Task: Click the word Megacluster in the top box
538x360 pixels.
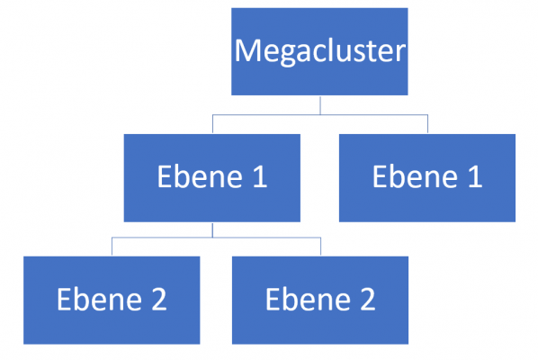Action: coord(319,50)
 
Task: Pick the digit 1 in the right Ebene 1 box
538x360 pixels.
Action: coord(473,177)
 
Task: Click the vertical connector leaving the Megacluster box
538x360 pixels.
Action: coord(319,105)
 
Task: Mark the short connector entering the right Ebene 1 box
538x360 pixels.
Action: coord(427,125)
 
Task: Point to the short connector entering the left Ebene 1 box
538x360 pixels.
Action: coord(212,125)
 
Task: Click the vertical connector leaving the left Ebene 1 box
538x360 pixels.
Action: coord(212,229)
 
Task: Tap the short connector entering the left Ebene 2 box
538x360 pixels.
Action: coord(112,247)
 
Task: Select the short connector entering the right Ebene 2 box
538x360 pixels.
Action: coord(319,247)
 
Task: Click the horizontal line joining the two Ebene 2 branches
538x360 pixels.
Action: coord(216,238)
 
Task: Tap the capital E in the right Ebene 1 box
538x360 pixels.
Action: coord(380,177)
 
